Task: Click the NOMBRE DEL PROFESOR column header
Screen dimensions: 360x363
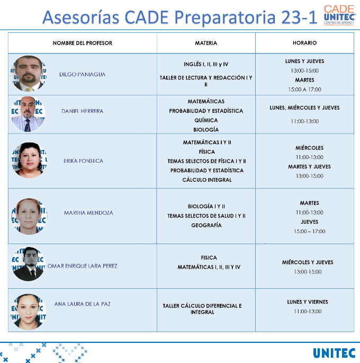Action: point(82,43)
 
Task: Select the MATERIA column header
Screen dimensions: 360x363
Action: point(206,43)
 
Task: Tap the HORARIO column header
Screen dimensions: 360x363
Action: point(304,43)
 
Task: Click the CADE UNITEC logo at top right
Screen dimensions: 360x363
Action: point(339,15)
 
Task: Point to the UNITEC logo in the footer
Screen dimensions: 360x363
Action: point(334,353)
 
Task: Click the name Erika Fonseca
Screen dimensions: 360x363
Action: point(83,161)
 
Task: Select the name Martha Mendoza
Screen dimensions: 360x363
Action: point(88,213)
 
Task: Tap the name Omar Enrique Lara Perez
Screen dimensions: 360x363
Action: point(82,266)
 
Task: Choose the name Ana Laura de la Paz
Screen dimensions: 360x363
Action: point(82,304)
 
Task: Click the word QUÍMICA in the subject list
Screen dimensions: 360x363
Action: point(206,120)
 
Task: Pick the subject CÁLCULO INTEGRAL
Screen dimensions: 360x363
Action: point(206,180)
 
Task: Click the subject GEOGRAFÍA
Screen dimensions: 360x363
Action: point(206,225)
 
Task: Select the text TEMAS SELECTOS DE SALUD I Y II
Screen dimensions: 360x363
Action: point(206,216)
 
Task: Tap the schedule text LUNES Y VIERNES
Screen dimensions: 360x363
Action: point(308,302)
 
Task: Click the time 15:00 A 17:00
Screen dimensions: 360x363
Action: point(304,90)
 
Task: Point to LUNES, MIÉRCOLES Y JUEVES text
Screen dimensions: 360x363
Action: point(304,108)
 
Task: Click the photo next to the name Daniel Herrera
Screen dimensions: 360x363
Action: point(28,114)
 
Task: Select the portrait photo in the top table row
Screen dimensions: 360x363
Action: point(29,73)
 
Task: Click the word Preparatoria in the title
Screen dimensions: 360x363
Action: point(225,17)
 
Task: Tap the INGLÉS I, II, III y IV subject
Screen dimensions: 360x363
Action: point(206,64)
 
